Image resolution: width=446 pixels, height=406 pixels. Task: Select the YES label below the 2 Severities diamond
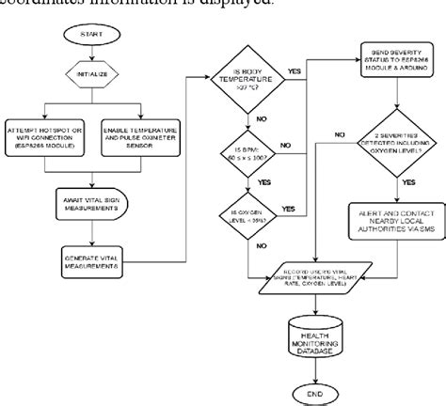point(407,181)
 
